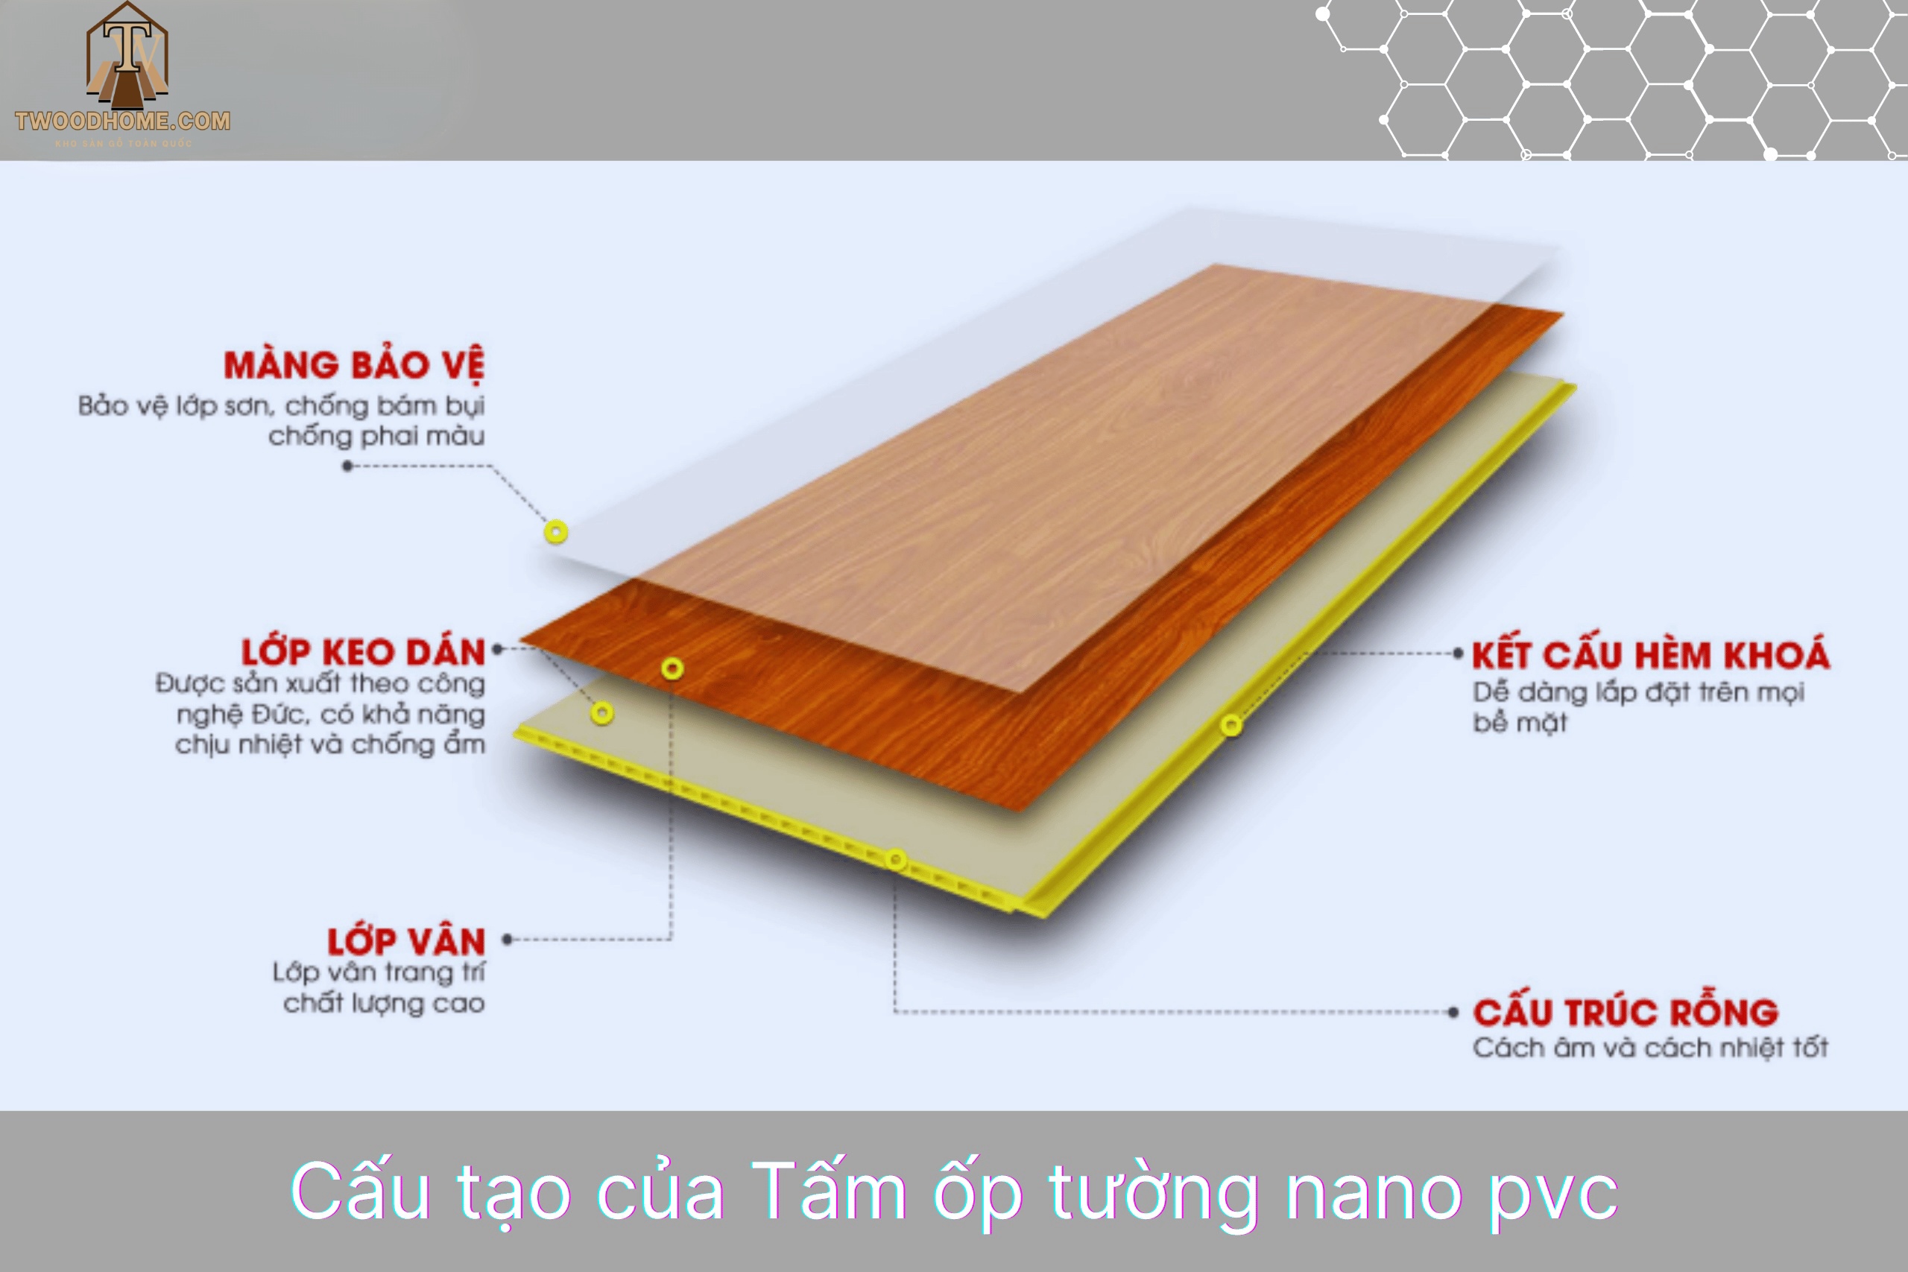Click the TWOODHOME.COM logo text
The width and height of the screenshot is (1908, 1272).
[x=122, y=121]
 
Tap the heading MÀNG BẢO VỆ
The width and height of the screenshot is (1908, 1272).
[x=354, y=365]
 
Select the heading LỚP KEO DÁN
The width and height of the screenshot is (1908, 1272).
[x=363, y=652]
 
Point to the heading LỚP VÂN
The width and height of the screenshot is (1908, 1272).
[x=405, y=941]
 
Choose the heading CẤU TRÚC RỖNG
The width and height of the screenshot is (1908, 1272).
[x=1625, y=1012]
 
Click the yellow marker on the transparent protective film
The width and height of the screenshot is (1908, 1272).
[x=556, y=532]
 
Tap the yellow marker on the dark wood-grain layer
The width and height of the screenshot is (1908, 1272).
[x=672, y=668]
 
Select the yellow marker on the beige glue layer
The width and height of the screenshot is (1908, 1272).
[x=602, y=714]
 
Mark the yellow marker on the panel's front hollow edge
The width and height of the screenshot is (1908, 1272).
[x=896, y=860]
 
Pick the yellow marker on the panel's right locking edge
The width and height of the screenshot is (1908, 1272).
[x=1231, y=725]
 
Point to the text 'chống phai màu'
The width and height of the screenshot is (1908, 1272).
[x=376, y=437]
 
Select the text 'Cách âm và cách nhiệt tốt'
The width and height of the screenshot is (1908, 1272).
[x=1650, y=1047]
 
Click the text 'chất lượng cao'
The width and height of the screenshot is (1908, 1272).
[x=384, y=1004]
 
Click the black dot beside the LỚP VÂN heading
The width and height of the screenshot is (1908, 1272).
[x=507, y=940]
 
